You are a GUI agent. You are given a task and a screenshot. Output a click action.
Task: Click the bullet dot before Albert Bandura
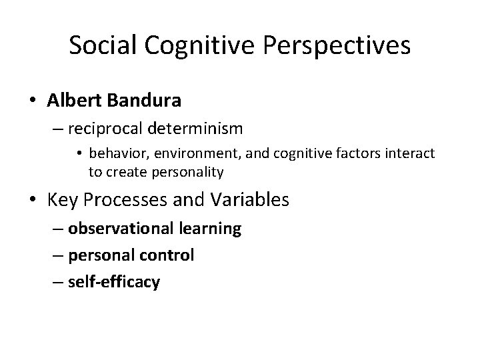pos(33,101)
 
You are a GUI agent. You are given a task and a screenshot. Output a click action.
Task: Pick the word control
pos(166,255)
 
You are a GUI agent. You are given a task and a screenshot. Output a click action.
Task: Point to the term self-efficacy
pos(113,282)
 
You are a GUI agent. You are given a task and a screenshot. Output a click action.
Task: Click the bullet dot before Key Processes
pos(33,200)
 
